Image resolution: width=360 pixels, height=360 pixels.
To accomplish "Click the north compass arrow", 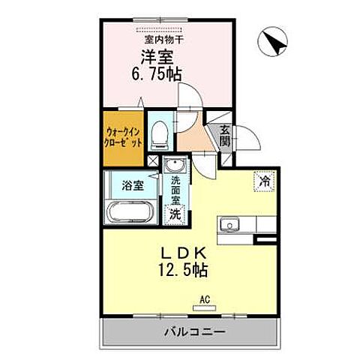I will tap(273, 43).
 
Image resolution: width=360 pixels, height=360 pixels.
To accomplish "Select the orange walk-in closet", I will tap(123, 138).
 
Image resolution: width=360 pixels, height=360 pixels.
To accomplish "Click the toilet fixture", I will tap(159, 136).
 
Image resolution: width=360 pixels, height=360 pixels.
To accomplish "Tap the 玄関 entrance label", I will tap(225, 136).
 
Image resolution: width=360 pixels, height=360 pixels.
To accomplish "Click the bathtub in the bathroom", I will tap(133, 211).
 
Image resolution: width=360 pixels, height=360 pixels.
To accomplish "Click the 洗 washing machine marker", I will tap(174, 213).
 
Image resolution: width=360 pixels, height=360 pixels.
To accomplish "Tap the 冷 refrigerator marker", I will tap(263, 180).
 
